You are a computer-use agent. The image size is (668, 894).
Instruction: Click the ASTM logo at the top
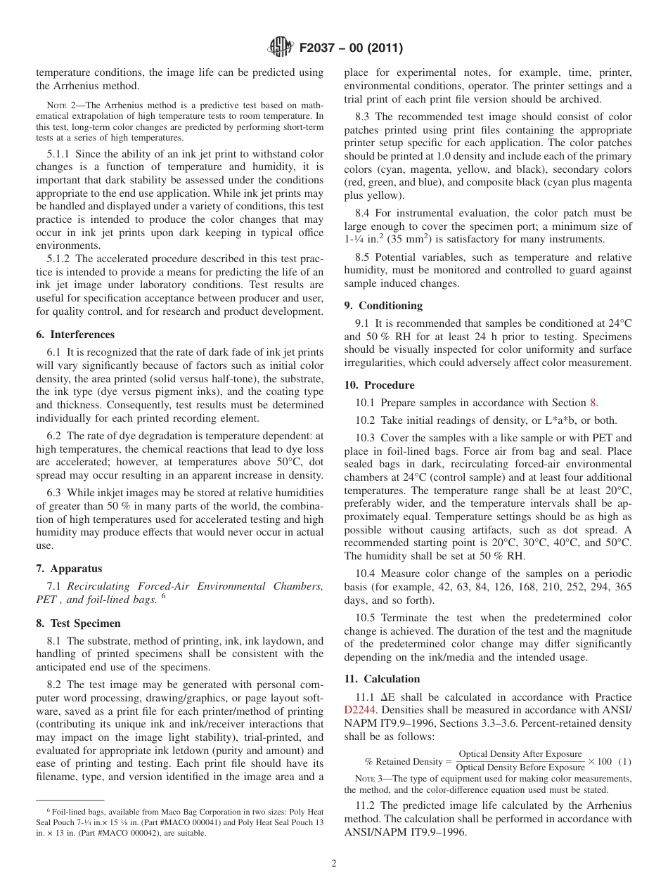click(281, 48)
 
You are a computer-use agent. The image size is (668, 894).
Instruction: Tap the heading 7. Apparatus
click(69, 569)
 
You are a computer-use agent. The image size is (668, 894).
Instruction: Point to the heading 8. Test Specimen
click(78, 623)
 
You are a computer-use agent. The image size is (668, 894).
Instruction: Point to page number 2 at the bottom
click(334, 864)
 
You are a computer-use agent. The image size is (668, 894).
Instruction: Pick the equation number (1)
click(625, 761)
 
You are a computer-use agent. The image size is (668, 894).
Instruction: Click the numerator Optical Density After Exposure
click(520, 754)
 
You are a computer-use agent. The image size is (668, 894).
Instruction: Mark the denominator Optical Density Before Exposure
click(520, 767)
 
